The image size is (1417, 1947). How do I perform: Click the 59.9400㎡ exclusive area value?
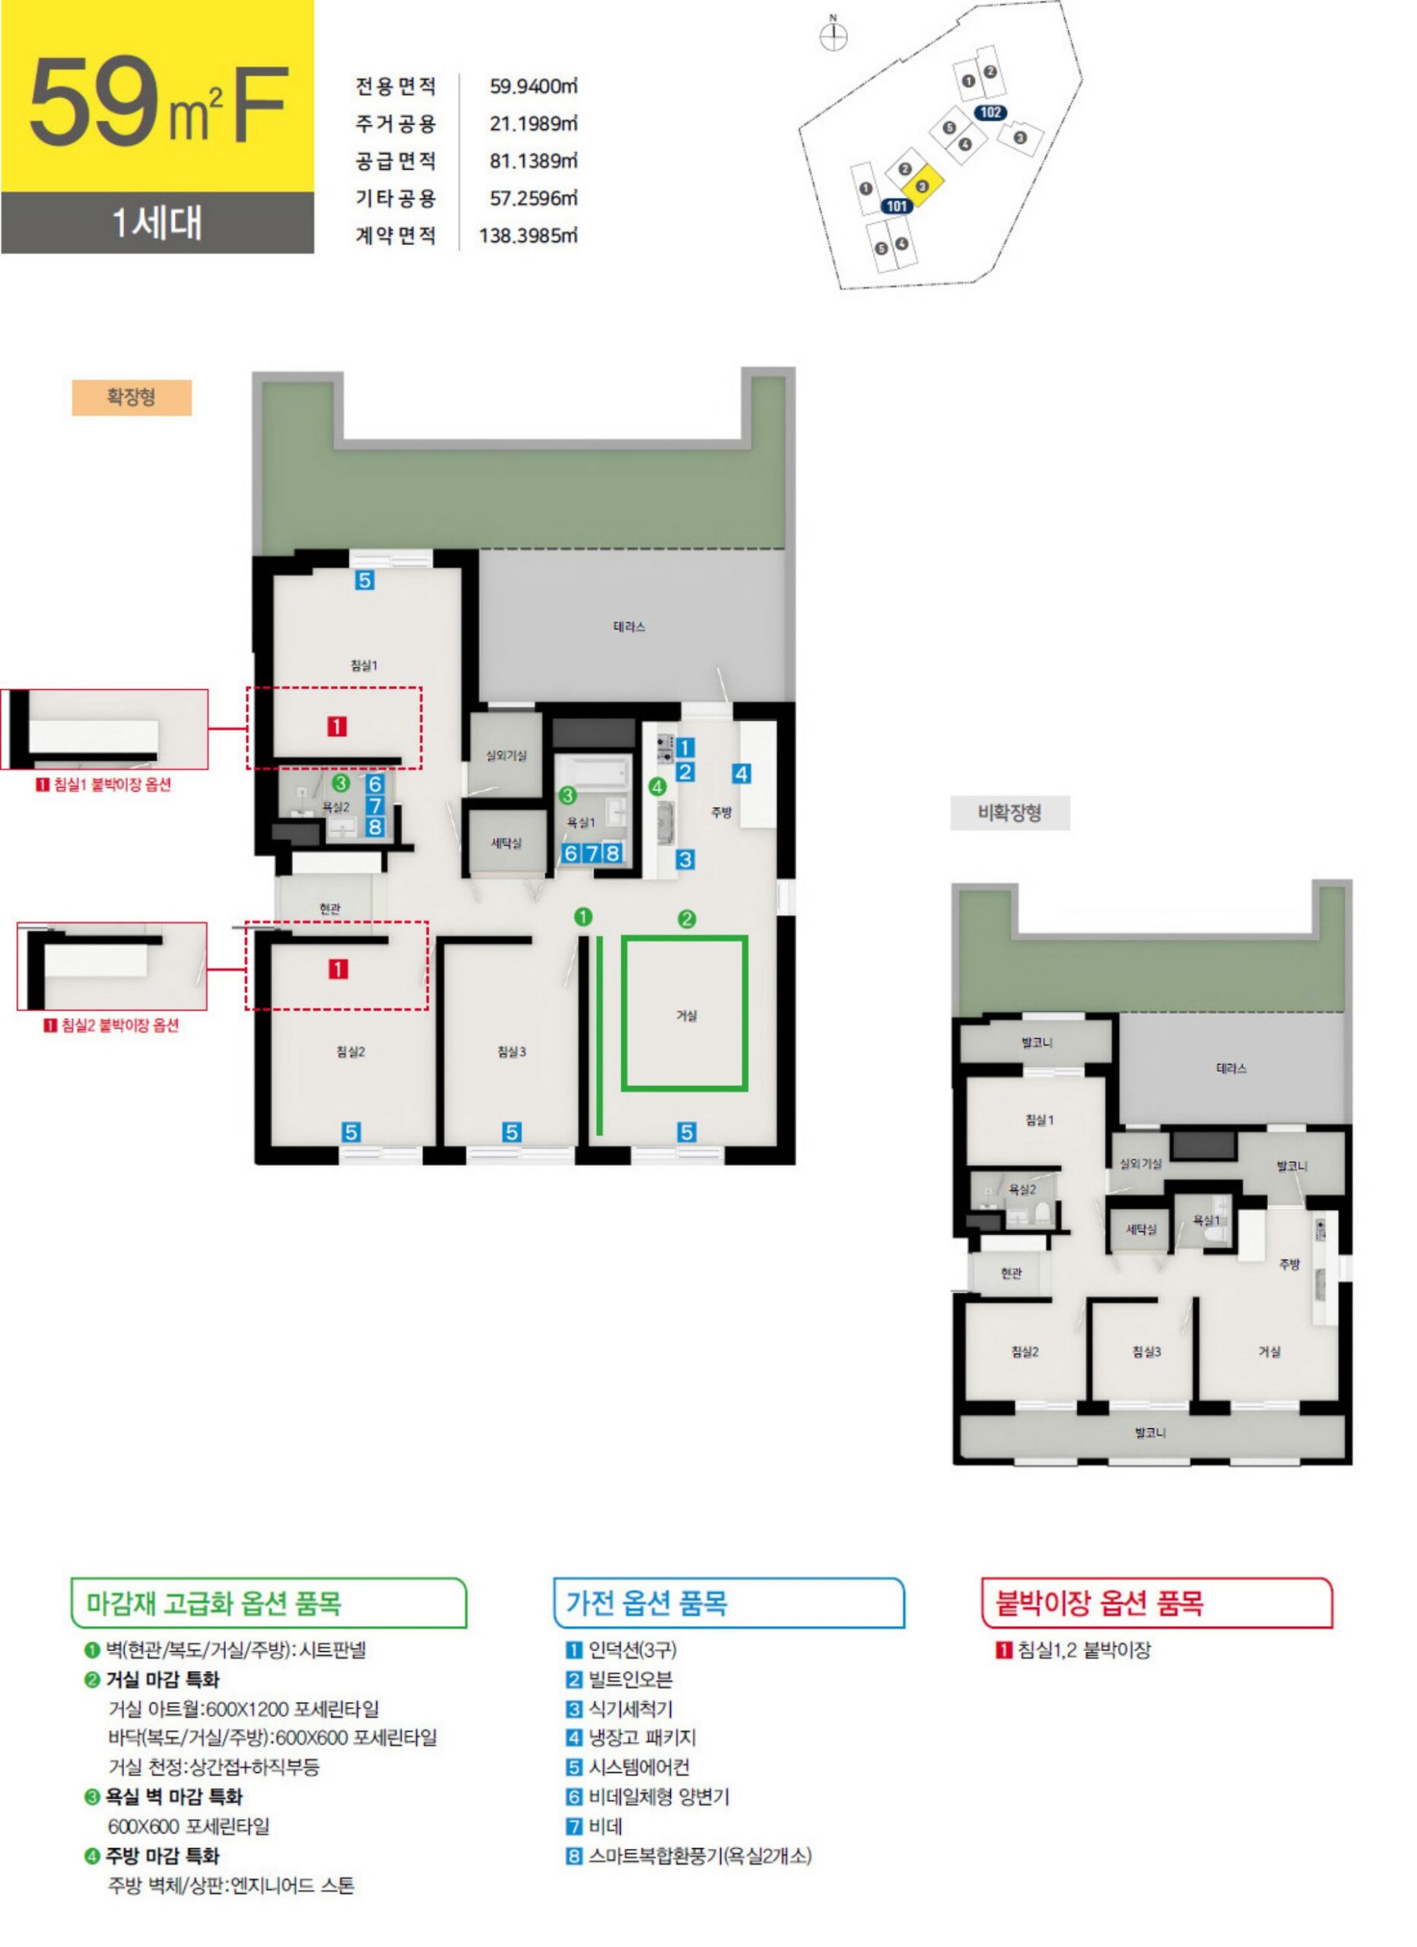click(533, 86)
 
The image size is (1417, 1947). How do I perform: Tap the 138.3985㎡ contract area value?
click(528, 235)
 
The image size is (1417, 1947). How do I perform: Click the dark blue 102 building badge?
click(990, 113)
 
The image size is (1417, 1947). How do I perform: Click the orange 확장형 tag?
click(132, 398)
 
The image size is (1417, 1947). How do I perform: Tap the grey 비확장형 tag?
click(1009, 813)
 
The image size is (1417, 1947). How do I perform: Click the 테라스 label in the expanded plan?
click(629, 627)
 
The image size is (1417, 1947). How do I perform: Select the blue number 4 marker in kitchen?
click(742, 773)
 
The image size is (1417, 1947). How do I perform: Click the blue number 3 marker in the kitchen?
click(685, 859)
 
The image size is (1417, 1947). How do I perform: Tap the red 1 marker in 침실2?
click(338, 969)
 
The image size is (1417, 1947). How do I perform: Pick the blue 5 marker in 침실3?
click(512, 1132)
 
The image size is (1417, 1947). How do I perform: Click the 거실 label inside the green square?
click(687, 1015)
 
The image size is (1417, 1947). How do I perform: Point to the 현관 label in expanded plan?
click(330, 908)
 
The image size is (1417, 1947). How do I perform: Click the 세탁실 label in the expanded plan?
click(507, 843)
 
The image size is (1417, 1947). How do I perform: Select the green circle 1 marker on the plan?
click(583, 917)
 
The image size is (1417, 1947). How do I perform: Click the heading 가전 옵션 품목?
click(647, 1602)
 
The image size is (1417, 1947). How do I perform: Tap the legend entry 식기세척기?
click(630, 1708)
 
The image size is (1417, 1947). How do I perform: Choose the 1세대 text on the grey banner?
click(157, 223)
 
